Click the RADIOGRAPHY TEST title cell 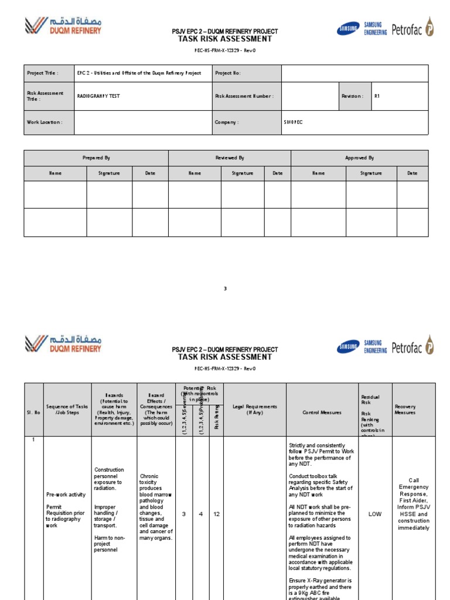coord(98,96)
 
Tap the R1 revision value coord(377,96)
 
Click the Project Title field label coord(42,73)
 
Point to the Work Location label coord(45,122)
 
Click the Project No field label coord(228,73)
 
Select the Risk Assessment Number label coord(244,96)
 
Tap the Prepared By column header coord(96,158)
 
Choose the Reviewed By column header coord(230,158)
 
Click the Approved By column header coord(359,158)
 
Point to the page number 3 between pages coord(225,288)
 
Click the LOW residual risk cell coord(375,514)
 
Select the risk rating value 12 coord(216,514)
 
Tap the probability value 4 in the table coord(200,514)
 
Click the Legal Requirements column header coord(254,409)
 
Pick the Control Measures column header coord(322,412)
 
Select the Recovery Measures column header coord(405,409)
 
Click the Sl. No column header coord(33,412)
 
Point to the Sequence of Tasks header coord(67,409)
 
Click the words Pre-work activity coord(66,495)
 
